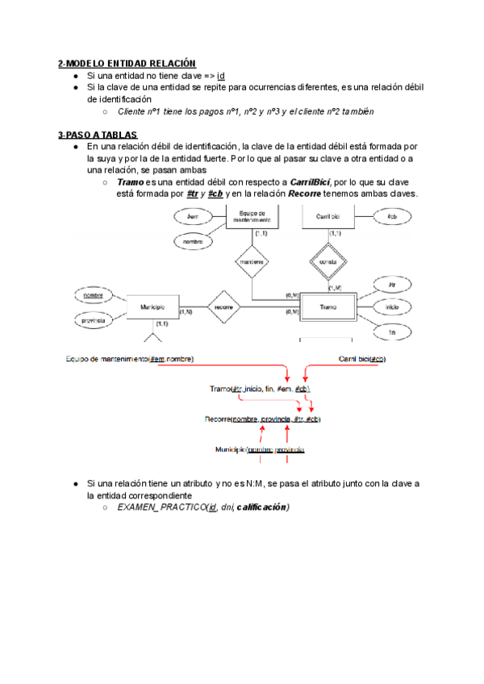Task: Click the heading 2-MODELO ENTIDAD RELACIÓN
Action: tap(127, 63)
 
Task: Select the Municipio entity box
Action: tap(153, 307)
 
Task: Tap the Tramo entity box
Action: tap(328, 307)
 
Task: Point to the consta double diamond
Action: tap(328, 261)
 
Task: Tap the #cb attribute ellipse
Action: tap(391, 217)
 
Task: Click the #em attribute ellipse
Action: tap(193, 217)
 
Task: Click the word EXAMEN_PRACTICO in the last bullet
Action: tap(160, 507)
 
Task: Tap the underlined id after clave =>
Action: tap(221, 75)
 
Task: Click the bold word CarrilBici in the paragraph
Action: tap(307, 183)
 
